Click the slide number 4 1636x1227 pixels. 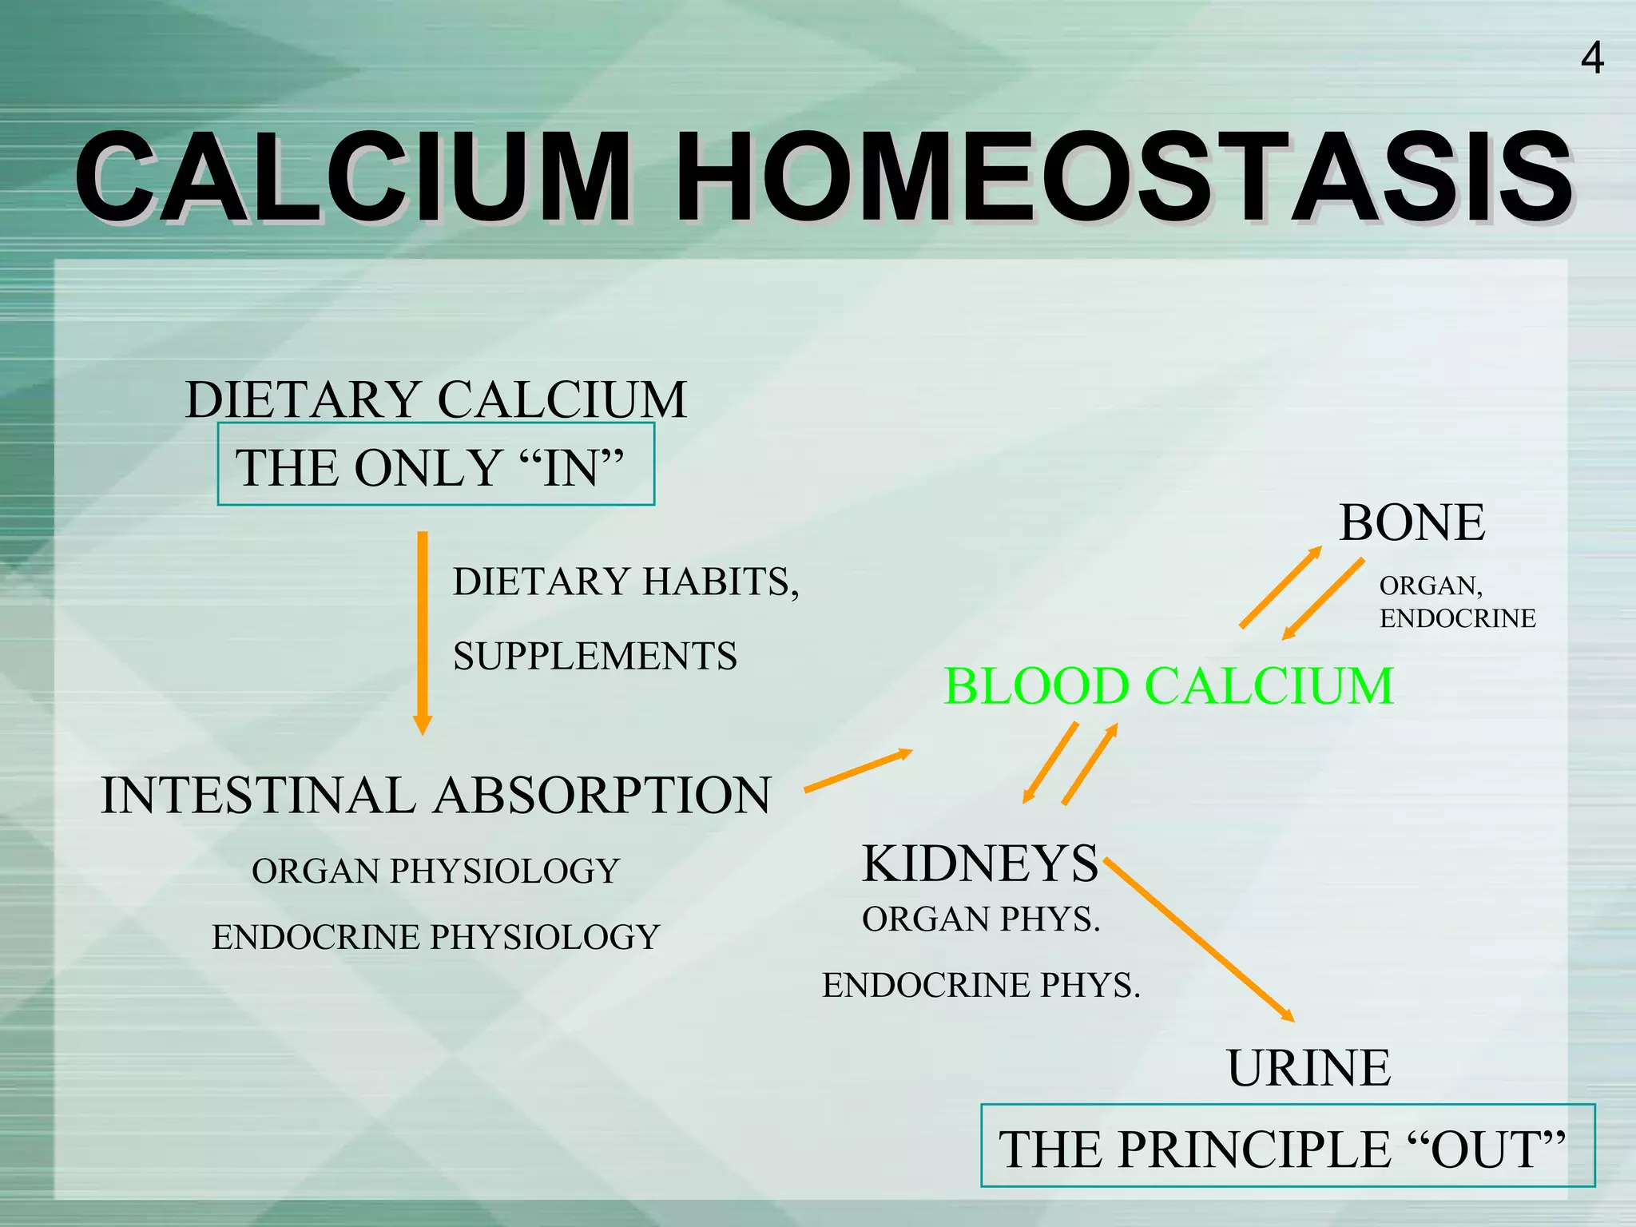point(1591,59)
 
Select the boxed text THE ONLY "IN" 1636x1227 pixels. point(435,467)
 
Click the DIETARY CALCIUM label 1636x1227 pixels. point(435,399)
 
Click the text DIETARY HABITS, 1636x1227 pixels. point(625,582)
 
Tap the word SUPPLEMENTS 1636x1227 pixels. point(595,657)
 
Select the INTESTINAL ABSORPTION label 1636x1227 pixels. point(436,796)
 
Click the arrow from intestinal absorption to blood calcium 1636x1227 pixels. point(858,771)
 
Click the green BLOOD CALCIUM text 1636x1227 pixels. point(1168,686)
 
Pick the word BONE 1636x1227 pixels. point(1412,522)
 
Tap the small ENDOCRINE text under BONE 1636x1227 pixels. point(1457,619)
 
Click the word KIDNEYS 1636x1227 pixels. point(980,864)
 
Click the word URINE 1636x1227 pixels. point(1308,1068)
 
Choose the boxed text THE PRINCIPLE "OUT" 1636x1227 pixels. point(1286,1149)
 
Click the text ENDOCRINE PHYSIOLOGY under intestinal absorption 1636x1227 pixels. point(436,937)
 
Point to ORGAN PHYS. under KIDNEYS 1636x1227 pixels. point(981,919)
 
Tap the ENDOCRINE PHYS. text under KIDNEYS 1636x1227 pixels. point(981,986)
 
